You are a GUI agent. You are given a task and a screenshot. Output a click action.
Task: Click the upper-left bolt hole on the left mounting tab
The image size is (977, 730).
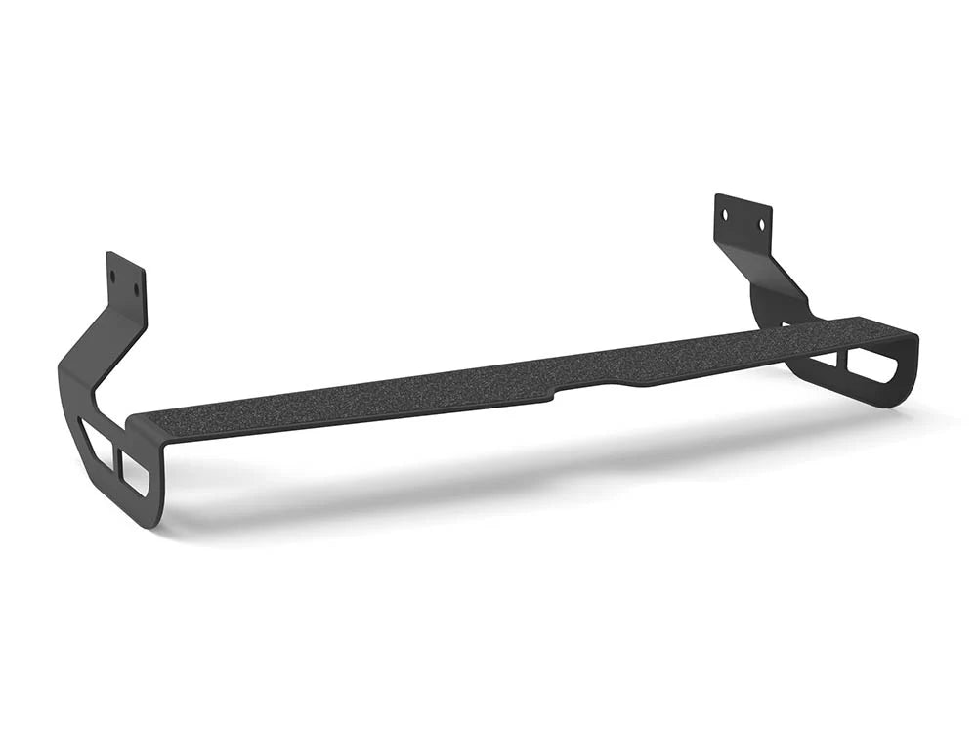[x=114, y=275]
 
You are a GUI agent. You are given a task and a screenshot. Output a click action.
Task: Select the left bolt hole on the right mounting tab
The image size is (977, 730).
[x=726, y=212]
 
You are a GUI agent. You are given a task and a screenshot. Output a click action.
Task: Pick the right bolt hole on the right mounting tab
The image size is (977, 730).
[x=761, y=224]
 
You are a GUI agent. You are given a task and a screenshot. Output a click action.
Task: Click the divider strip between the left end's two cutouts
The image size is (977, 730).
[x=115, y=456]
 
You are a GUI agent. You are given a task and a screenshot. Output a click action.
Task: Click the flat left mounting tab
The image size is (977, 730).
[x=125, y=281]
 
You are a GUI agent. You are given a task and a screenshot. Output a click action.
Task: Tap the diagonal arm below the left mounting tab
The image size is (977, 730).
[x=98, y=353]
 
